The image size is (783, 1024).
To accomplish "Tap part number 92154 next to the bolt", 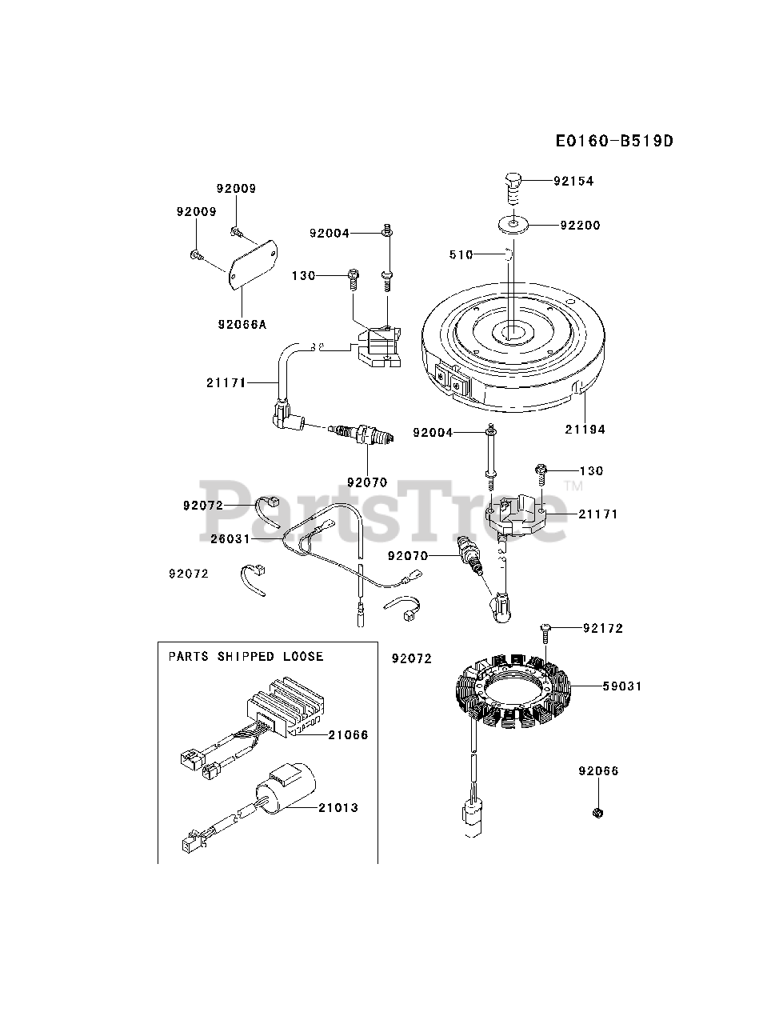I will (573, 181).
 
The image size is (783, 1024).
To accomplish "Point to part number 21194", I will (585, 430).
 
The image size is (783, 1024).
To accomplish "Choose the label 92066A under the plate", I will (242, 324).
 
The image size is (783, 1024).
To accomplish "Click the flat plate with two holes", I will (253, 265).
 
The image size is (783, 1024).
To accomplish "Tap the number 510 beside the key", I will (461, 254).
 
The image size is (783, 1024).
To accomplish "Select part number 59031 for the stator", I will (622, 686).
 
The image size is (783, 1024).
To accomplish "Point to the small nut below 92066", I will (597, 814).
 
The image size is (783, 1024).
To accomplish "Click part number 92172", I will (603, 628).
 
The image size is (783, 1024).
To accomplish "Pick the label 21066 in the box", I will (348, 734).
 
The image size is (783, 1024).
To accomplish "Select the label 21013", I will (338, 808).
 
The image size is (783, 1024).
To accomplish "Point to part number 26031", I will (230, 538).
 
